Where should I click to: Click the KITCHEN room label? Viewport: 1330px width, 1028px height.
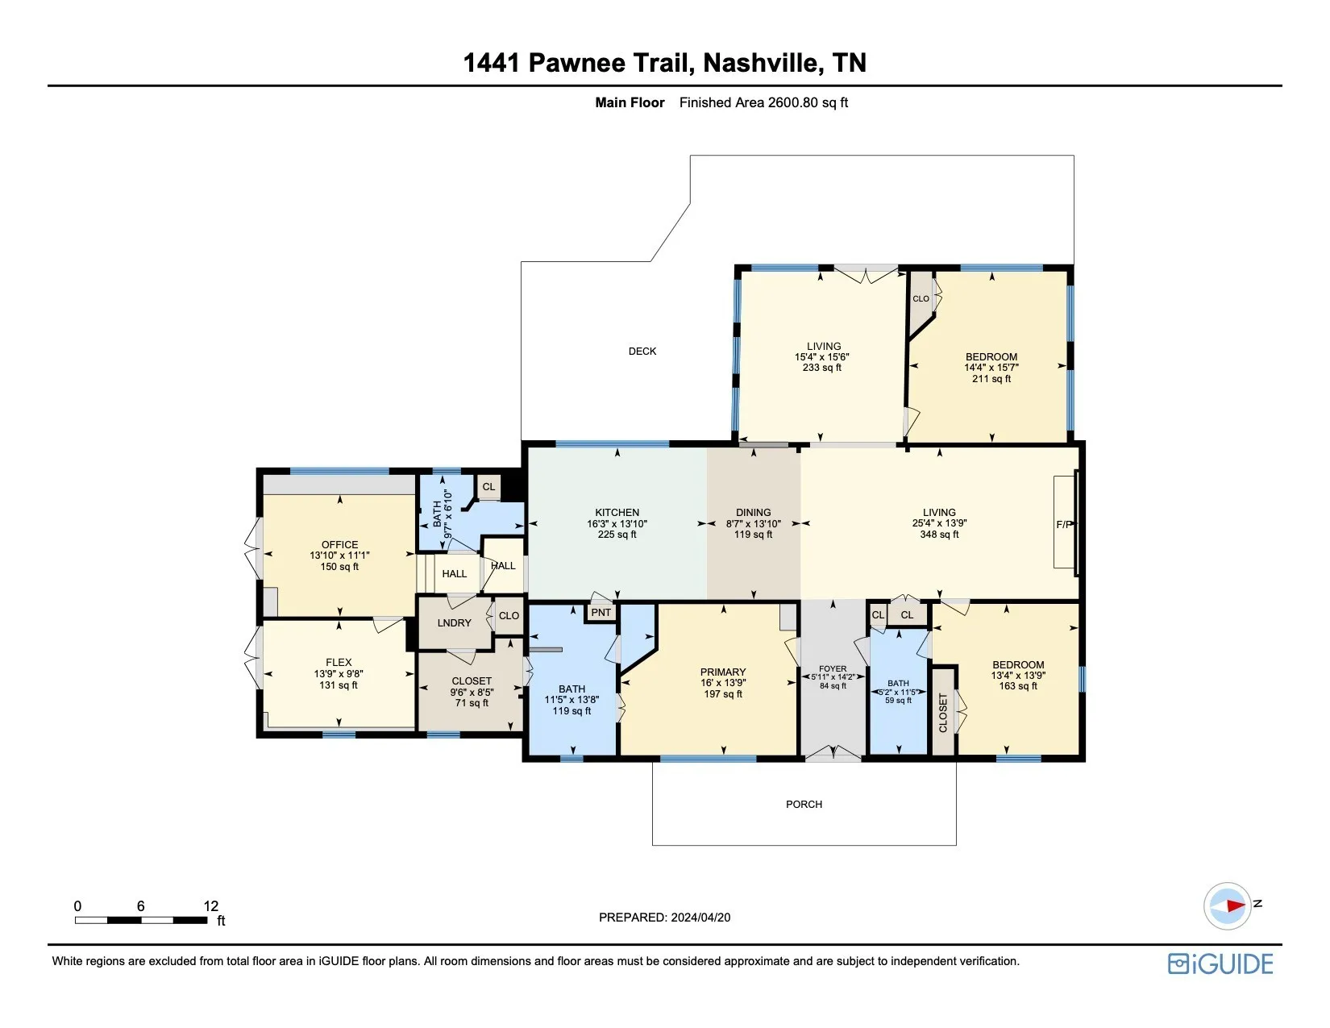point(617,513)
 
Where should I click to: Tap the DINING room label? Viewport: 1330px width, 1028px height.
point(754,513)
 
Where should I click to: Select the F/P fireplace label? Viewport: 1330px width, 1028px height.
point(1064,524)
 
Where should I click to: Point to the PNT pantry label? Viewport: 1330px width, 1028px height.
point(601,612)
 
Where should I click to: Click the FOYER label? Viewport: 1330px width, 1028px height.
point(833,668)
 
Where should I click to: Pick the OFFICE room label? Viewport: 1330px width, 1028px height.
point(339,544)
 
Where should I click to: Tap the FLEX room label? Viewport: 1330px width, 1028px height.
point(339,662)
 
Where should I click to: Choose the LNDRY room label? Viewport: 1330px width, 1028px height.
point(454,622)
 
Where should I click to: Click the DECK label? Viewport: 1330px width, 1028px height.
point(642,351)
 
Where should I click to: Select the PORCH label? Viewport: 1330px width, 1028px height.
point(804,804)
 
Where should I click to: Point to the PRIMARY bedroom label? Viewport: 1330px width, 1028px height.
point(723,672)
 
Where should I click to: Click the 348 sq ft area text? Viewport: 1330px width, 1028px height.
point(939,535)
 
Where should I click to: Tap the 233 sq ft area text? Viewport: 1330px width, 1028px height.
point(822,368)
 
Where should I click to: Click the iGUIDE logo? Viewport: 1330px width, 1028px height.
point(1220,963)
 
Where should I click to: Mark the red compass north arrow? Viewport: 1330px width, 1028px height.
point(1236,905)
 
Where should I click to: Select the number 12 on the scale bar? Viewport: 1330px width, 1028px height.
point(210,905)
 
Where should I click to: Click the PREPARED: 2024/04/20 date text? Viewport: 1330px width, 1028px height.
point(665,918)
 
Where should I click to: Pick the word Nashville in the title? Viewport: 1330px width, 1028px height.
point(759,62)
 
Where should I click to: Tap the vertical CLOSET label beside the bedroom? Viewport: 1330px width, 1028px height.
point(942,713)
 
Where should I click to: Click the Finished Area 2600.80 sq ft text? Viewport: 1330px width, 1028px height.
point(763,102)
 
